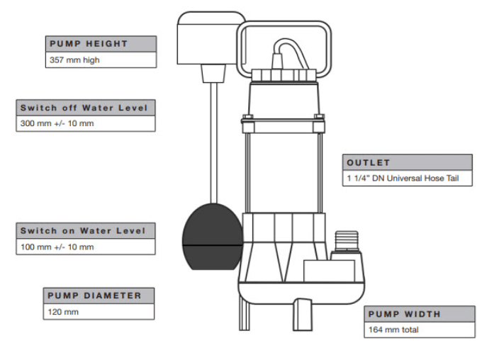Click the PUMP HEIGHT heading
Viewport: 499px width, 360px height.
coord(89,43)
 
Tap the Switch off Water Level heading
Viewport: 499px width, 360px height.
coord(84,108)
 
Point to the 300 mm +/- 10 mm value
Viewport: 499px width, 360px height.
coord(55,123)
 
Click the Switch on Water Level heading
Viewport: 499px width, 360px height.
coord(82,231)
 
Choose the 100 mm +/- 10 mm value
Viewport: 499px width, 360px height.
coord(55,247)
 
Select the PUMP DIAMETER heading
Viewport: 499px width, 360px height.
coord(94,295)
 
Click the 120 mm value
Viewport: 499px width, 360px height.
coord(64,311)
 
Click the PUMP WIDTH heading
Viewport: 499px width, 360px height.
coord(404,313)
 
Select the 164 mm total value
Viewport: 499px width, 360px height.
coord(393,330)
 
